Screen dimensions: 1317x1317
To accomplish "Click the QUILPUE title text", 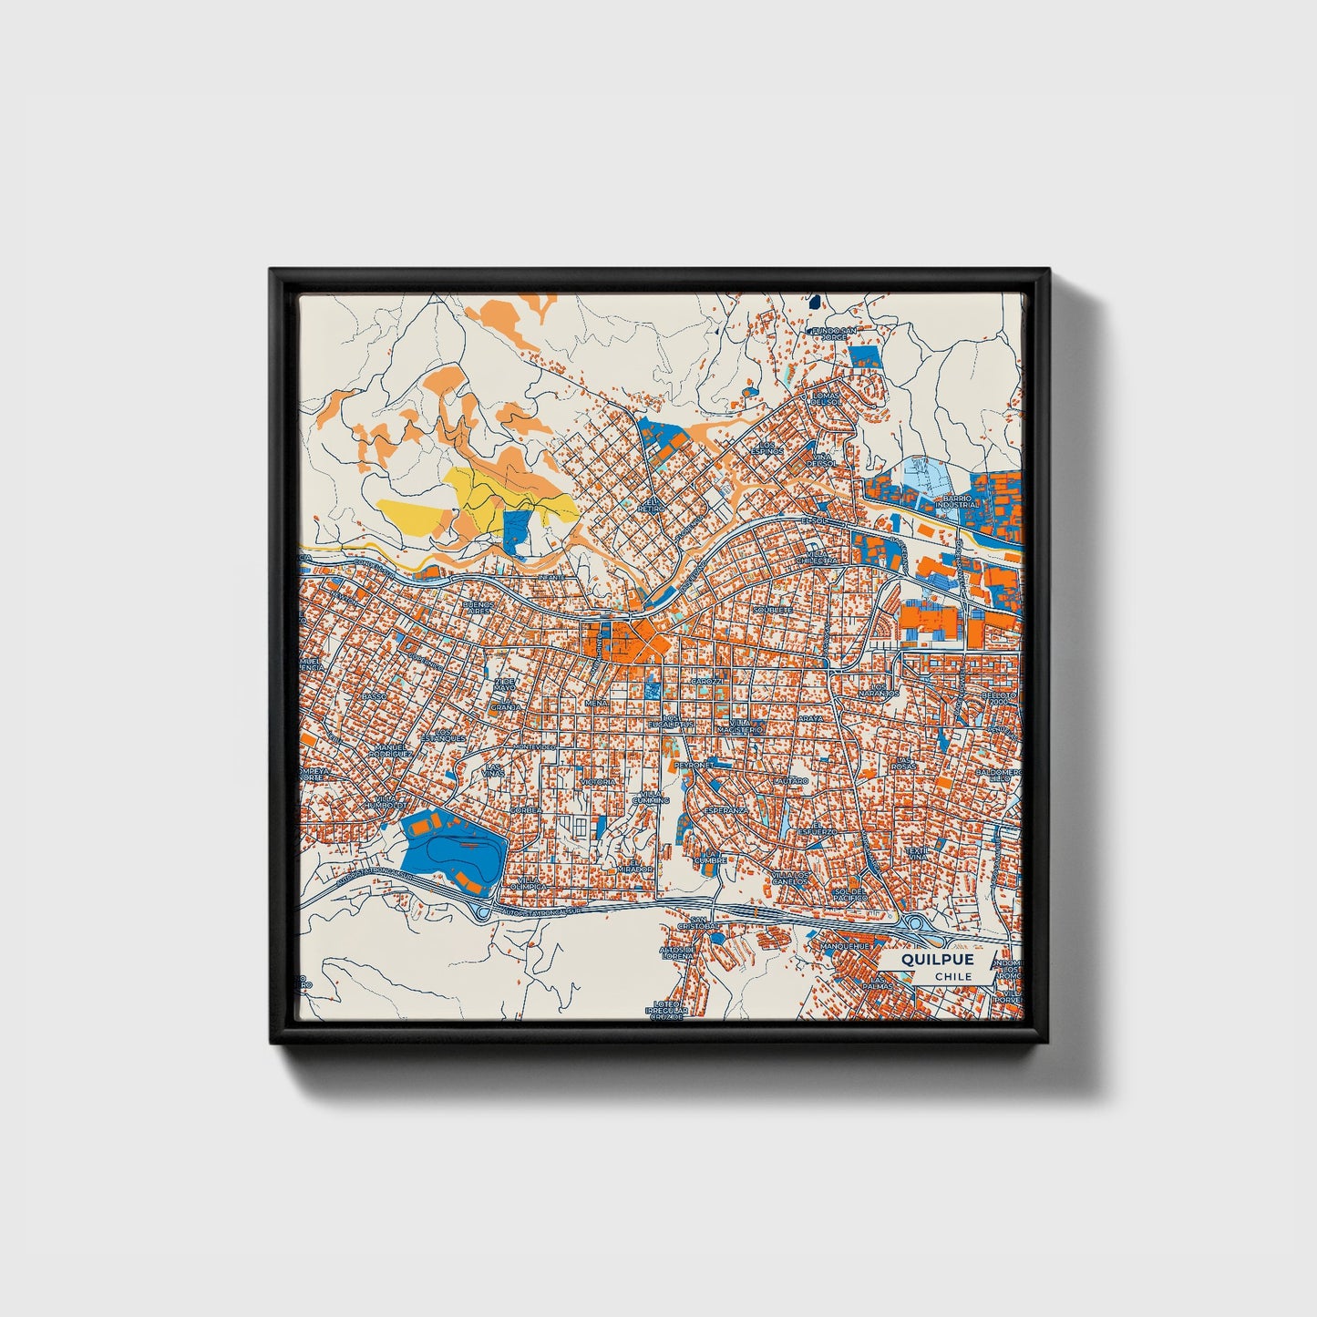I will click(x=937, y=960).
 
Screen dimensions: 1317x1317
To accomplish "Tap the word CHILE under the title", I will click(x=952, y=976).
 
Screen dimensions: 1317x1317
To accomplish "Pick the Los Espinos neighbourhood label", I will click(x=766, y=448).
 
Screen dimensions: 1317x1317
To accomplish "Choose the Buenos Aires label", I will click(x=479, y=607).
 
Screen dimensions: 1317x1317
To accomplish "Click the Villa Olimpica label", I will click(x=530, y=881).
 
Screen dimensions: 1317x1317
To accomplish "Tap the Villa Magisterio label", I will click(x=739, y=726).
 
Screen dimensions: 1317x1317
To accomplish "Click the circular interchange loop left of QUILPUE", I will click(x=912, y=924).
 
